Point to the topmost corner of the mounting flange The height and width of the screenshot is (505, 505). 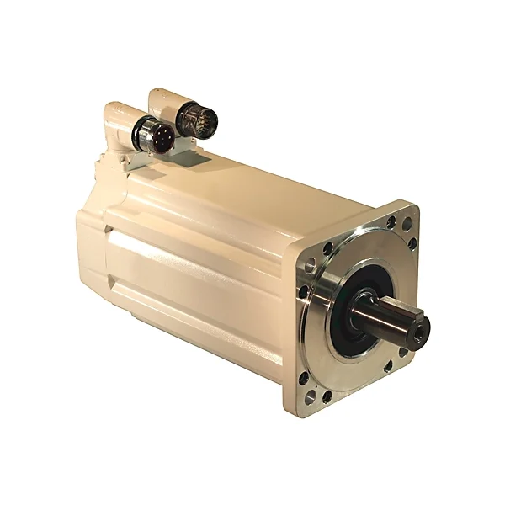click(x=409, y=205)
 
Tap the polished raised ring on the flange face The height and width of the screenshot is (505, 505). click(x=324, y=337)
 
